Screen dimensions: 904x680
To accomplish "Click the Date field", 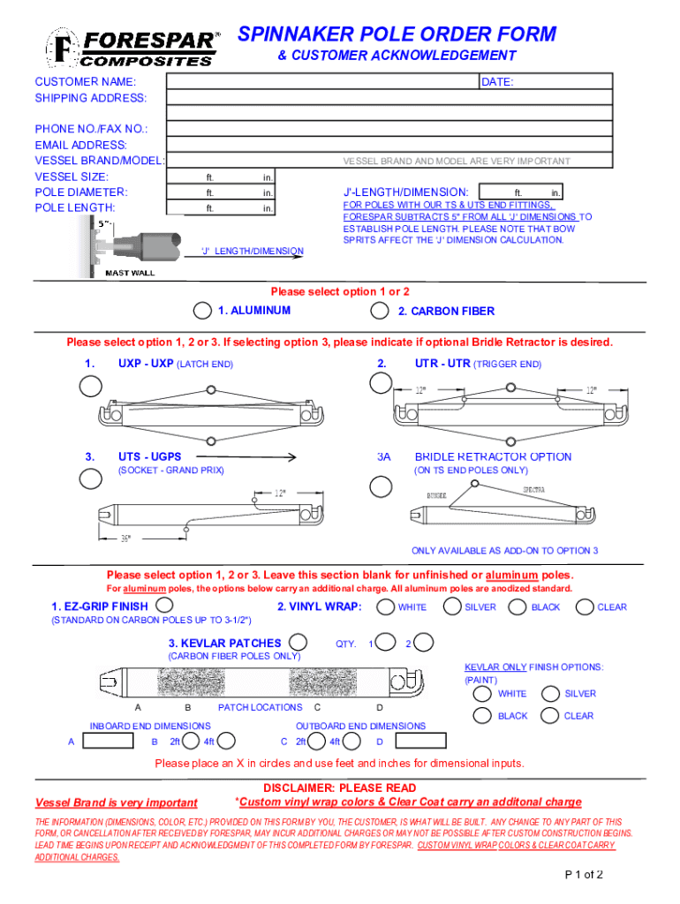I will pos(545,82).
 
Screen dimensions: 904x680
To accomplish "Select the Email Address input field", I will pos(389,145).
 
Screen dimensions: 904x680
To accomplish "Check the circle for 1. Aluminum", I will pos(202,311).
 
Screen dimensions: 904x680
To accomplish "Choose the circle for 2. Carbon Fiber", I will pos(380,311).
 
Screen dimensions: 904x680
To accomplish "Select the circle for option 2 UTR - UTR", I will pos(381,382).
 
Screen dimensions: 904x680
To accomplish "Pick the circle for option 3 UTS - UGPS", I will pos(91,478).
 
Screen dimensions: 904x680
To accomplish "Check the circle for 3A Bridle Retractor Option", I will pos(382,486).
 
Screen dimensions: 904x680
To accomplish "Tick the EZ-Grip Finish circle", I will pos(163,606).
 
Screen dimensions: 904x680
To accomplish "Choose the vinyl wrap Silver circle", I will pos(451,606).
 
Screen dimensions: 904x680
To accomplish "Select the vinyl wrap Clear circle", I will pos(584,606).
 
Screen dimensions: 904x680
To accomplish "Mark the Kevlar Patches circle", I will pos(298,643).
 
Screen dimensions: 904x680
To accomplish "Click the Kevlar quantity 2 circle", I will pos(423,643).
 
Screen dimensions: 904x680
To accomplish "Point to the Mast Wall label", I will pos(130,273).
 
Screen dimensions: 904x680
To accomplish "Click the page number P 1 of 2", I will pos(584,876).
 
